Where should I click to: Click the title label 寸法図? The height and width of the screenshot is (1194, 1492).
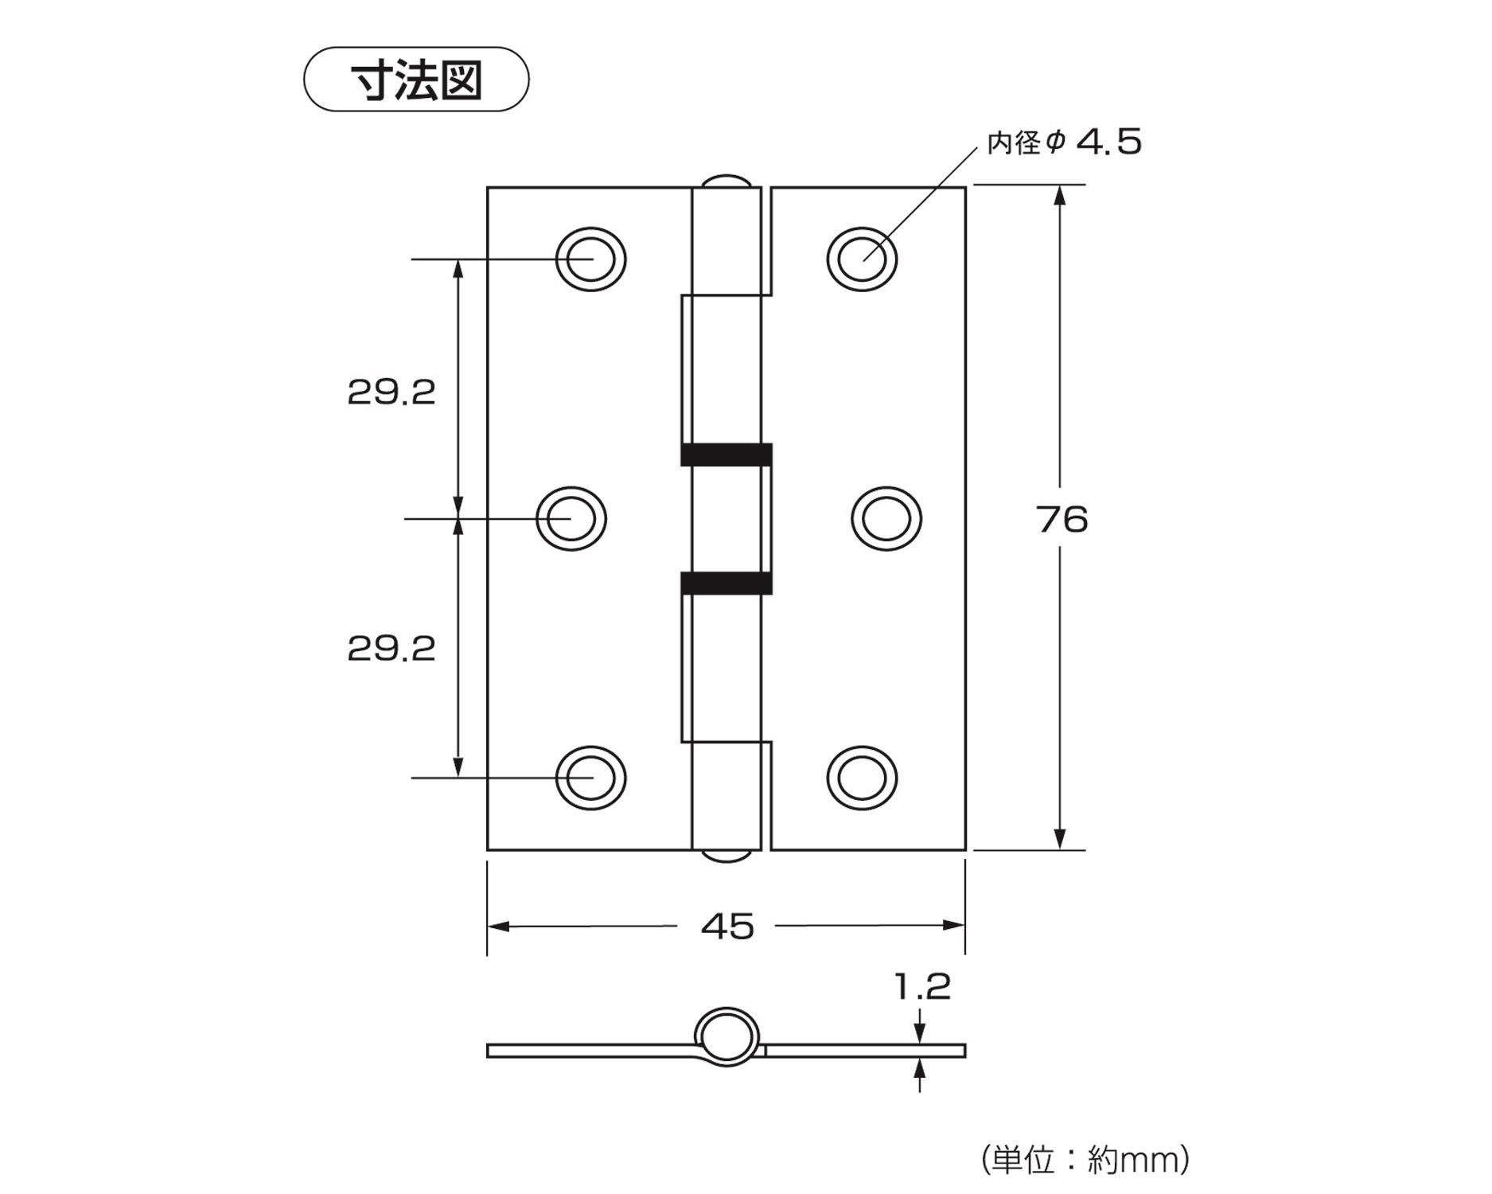[416, 80]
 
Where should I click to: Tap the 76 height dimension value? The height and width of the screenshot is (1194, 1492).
[1062, 520]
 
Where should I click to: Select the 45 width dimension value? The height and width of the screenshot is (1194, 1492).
[727, 927]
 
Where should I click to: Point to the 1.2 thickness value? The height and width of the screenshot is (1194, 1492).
[922, 987]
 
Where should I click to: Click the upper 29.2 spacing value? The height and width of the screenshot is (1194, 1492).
[392, 392]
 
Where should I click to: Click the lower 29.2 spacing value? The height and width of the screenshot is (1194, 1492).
[392, 649]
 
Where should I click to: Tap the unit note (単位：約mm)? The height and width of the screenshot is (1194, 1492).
[1085, 1160]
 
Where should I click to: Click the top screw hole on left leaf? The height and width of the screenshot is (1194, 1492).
[590, 259]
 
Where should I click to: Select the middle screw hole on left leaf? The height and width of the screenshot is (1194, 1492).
[571, 518]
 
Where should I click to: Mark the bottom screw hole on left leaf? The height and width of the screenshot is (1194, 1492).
[590, 778]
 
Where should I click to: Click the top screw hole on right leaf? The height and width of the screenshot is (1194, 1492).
[862, 259]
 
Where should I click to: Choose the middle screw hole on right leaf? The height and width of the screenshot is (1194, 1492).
[886, 518]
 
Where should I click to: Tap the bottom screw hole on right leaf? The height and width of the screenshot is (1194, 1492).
[862, 778]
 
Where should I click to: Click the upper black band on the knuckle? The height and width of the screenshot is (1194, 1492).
[727, 455]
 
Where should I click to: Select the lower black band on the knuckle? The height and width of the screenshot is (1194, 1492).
[727, 583]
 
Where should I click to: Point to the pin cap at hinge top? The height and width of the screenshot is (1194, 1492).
[726, 181]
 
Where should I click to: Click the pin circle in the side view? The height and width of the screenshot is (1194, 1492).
[727, 1037]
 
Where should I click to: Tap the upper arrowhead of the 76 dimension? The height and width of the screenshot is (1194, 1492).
[1059, 196]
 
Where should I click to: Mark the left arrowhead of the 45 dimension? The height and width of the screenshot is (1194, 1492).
[499, 926]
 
